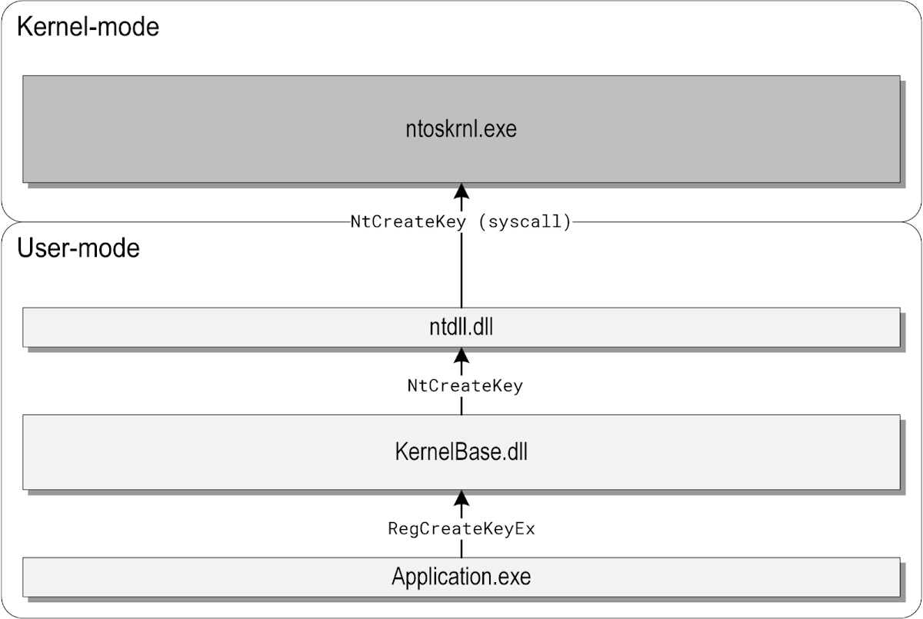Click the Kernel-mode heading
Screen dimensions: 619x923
pos(88,28)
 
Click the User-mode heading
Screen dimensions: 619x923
pos(78,248)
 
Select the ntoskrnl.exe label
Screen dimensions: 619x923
pos(461,129)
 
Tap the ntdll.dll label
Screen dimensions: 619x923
pos(461,328)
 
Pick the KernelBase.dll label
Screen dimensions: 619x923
pos(461,452)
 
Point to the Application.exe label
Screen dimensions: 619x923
pos(461,576)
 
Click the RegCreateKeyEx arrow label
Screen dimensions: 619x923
pos(461,529)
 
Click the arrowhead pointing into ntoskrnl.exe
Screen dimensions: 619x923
pos(461,191)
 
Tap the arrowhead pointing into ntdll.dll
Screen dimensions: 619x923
pos(461,354)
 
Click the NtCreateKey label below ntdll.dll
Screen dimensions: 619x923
pos(465,386)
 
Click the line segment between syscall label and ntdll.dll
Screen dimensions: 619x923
pos(461,269)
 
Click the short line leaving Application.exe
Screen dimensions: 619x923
pos(461,549)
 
